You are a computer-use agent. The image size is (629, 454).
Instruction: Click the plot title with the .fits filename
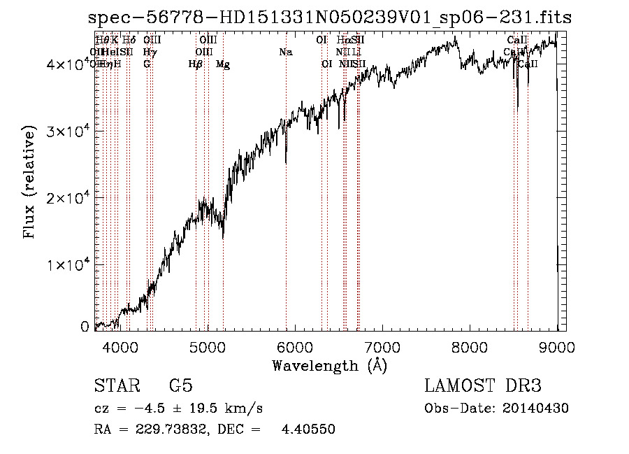pos(324,19)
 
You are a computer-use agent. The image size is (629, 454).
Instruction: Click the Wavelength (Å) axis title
pos(329,365)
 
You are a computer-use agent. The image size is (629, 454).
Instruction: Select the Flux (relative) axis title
pos(29,183)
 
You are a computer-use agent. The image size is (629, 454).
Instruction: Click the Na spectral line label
pos(285,52)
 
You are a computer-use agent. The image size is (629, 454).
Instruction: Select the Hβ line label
pos(196,64)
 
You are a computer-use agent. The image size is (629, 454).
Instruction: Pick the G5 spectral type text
pos(180,386)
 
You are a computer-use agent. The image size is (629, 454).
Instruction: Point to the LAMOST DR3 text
pos(483,386)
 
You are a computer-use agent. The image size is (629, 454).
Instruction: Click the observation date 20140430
pos(539,409)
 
